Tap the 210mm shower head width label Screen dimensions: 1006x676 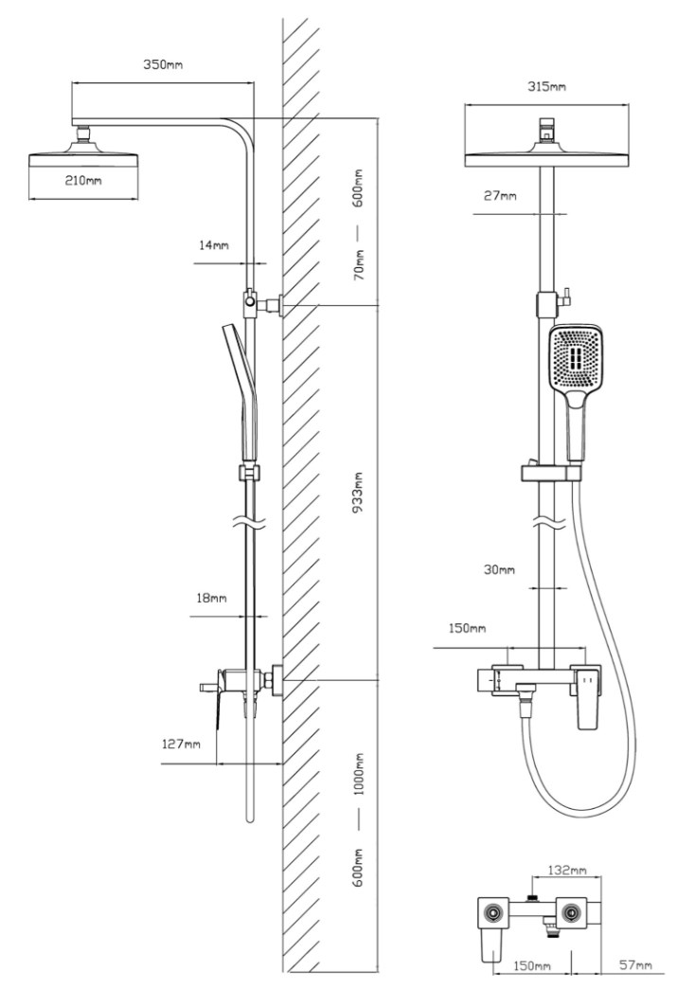83,180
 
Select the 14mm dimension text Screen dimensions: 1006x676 214,245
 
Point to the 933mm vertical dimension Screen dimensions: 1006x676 359,492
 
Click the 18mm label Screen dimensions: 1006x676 212,599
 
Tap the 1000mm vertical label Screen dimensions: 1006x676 359,775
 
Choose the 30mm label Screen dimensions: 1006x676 499,569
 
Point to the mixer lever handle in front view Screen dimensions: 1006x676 587,699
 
